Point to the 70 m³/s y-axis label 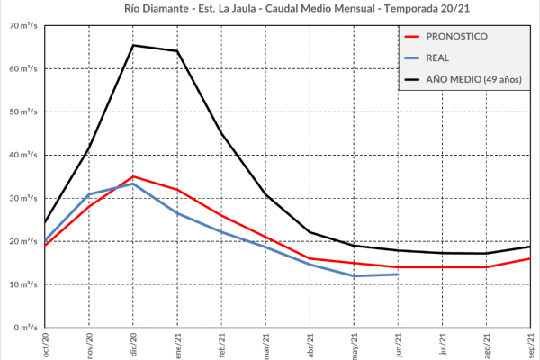[x=23, y=25]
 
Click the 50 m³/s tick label [x=23, y=112]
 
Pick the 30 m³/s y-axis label [x=23, y=198]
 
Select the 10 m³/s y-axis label [x=23, y=284]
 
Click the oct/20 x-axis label [x=45, y=345]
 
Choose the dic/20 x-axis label [x=133, y=345]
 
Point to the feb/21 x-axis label [x=221, y=345]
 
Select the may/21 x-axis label [x=354, y=345]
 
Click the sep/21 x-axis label [x=530, y=345]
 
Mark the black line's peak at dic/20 [x=133, y=45]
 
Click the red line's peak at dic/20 [x=133, y=176]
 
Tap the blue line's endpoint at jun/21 [x=398, y=274]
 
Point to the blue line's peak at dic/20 [x=133, y=184]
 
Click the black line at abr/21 [x=310, y=232]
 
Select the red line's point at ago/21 [x=486, y=267]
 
